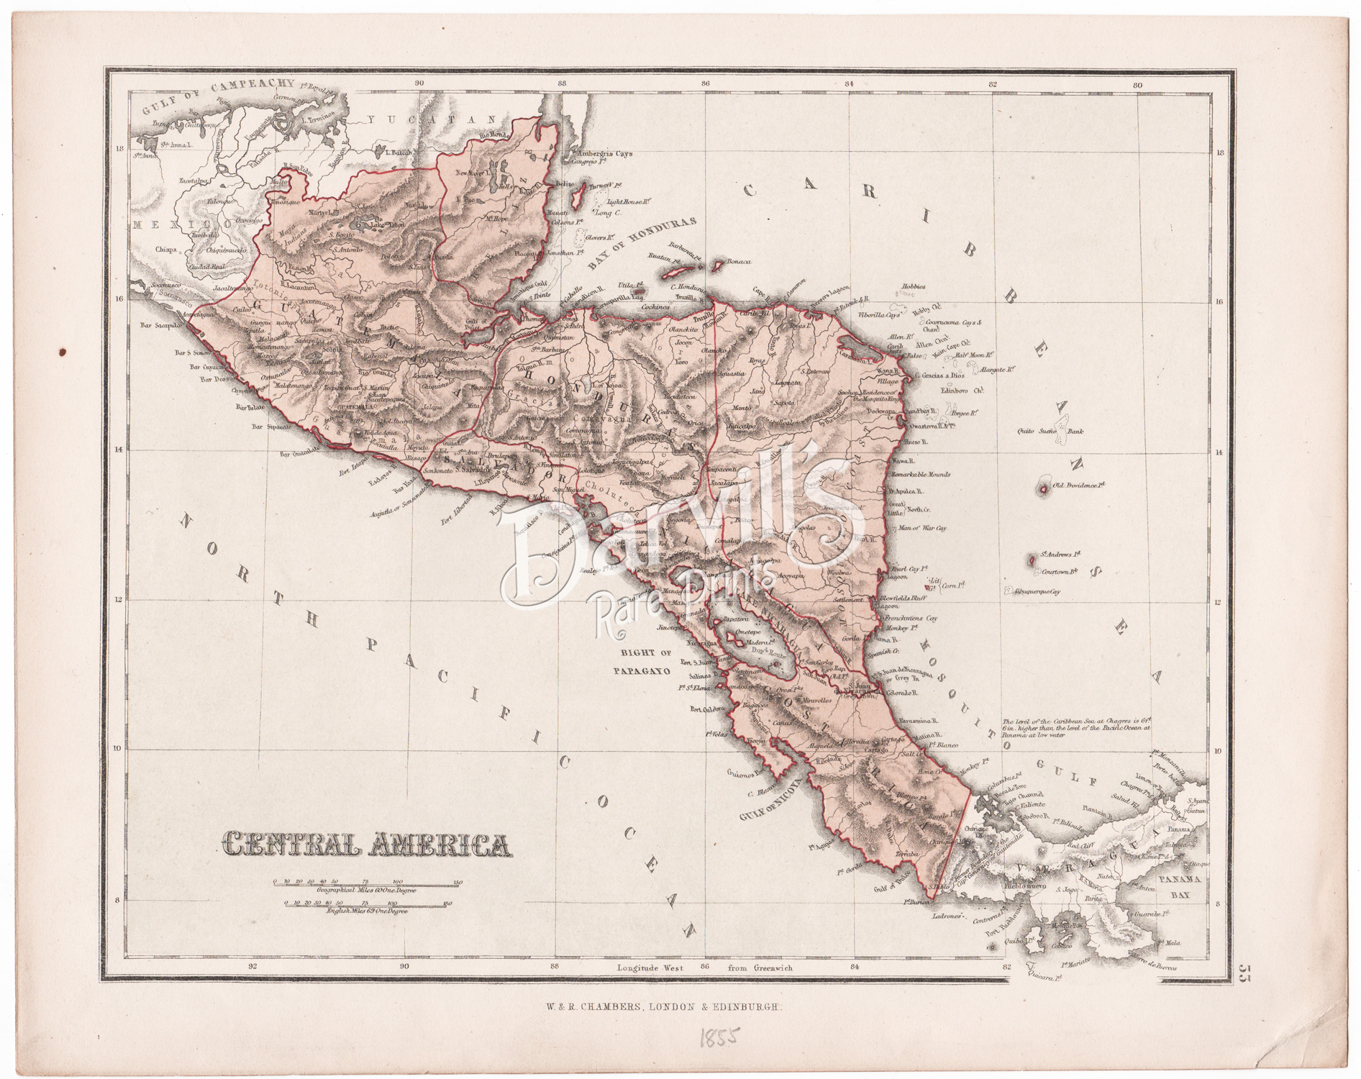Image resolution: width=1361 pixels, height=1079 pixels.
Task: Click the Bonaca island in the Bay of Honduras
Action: (716, 265)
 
